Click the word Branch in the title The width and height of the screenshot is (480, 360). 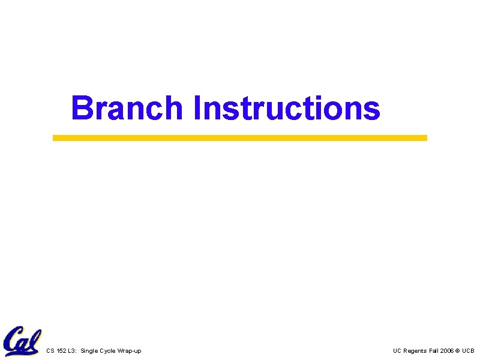[x=127, y=109]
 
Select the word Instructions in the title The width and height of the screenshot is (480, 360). [x=287, y=109]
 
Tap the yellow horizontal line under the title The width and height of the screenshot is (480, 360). [x=240, y=137]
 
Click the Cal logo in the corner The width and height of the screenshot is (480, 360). [x=22, y=341]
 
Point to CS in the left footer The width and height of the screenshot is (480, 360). [x=50, y=351]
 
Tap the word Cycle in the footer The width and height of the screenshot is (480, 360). [x=107, y=351]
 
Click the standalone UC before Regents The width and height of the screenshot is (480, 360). [x=397, y=351]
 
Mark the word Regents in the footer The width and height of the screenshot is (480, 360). [x=415, y=351]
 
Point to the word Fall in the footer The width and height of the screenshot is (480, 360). [x=434, y=351]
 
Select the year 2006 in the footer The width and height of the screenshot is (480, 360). [x=447, y=351]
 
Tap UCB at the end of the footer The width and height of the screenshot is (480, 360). [x=468, y=351]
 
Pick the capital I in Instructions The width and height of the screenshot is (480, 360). [x=198, y=109]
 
